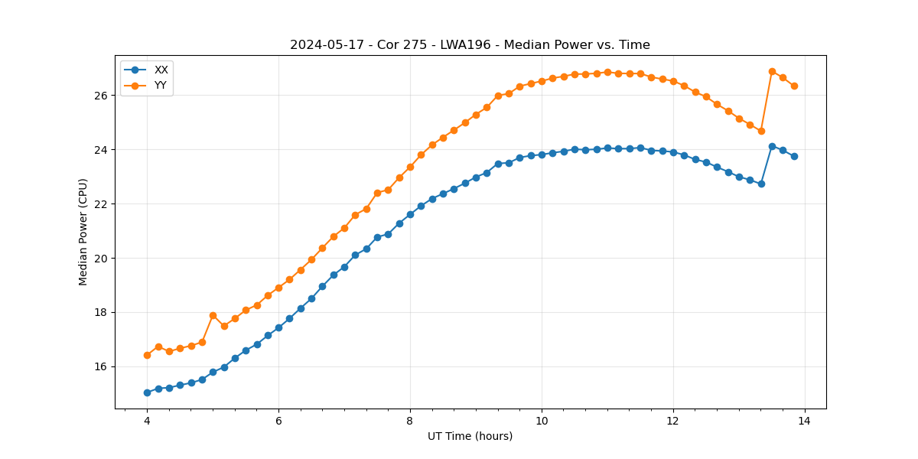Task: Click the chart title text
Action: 470,45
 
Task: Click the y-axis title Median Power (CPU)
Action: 83,232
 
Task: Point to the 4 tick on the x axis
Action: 147,420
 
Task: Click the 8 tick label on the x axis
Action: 410,420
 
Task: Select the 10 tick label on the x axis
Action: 542,420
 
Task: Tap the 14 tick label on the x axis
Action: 805,420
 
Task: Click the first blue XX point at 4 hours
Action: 147,392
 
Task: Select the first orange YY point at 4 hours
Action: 147,355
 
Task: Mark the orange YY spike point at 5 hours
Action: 213,315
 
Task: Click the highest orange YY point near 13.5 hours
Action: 772,71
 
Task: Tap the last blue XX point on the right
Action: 794,156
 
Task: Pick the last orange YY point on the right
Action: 794,86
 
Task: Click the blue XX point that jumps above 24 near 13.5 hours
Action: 772,146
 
